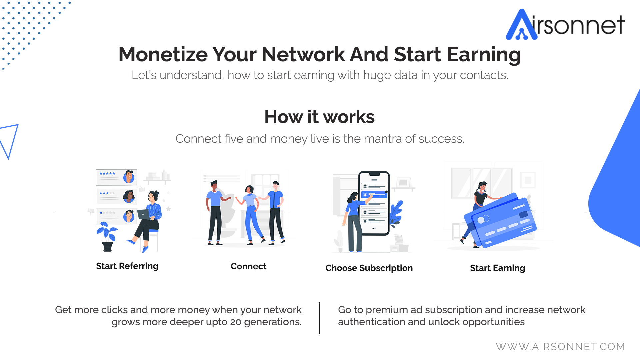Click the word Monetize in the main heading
point(163,54)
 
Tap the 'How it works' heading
point(319,117)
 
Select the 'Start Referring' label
point(127,266)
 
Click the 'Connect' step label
point(248,266)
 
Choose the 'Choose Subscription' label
point(369,268)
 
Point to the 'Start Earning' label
point(497,268)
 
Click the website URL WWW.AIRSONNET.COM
point(560,347)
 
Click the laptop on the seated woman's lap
point(144,214)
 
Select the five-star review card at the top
point(116,177)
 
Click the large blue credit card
point(500,220)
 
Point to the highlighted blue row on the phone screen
point(374,194)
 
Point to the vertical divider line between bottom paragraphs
point(319,318)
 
